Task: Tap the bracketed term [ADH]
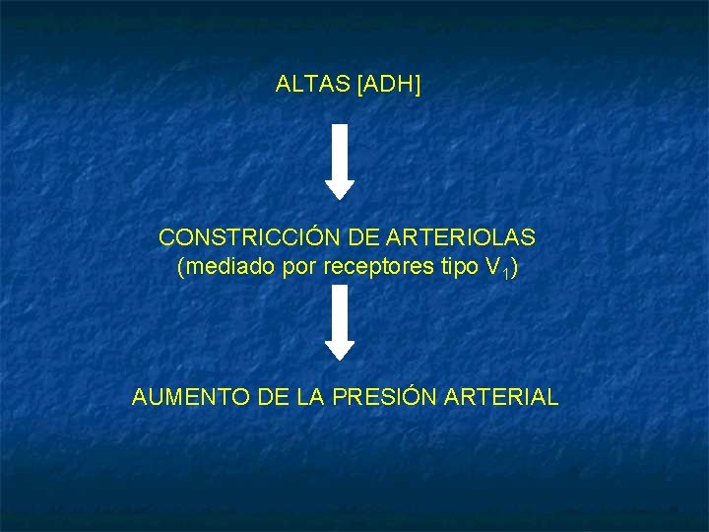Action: point(390,85)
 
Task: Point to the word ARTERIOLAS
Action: point(465,237)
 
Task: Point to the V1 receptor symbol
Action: point(493,268)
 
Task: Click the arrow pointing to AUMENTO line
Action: point(340,321)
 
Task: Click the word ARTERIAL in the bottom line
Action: point(502,397)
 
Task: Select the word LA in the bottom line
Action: point(310,397)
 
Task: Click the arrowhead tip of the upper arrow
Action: point(340,197)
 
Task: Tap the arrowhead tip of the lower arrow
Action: point(340,358)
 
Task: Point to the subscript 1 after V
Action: point(504,273)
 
